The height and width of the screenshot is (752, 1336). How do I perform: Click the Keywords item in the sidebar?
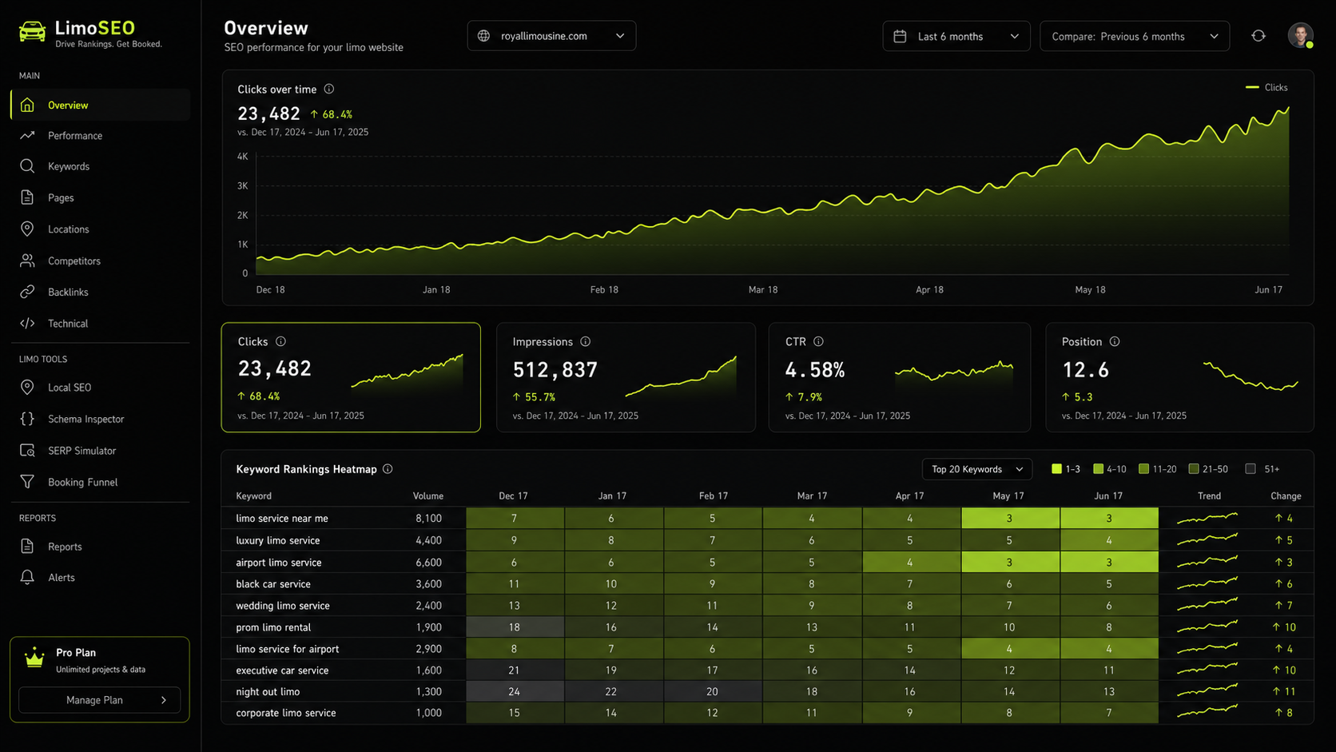click(x=68, y=166)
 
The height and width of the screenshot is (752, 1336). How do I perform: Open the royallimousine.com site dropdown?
click(x=551, y=37)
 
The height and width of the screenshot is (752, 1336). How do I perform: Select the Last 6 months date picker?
click(x=956, y=37)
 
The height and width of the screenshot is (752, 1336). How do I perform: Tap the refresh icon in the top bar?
click(x=1258, y=37)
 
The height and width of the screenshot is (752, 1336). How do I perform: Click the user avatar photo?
click(x=1300, y=36)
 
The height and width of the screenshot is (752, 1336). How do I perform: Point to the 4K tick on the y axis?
click(x=242, y=157)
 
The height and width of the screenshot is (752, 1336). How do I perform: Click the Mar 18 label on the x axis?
click(x=763, y=290)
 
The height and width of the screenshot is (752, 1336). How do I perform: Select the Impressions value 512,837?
click(x=555, y=370)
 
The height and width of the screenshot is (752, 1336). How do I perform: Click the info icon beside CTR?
click(x=818, y=342)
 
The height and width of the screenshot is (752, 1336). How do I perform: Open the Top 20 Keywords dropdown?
click(x=976, y=469)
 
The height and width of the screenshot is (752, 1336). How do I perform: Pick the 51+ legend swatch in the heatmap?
click(x=1251, y=469)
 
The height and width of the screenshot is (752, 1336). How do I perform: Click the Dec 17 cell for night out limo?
click(x=514, y=692)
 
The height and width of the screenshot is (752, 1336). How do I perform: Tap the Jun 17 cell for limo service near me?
click(x=1109, y=518)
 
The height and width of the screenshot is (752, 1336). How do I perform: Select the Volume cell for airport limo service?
click(x=428, y=563)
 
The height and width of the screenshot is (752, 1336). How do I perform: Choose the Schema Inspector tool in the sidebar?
click(x=85, y=420)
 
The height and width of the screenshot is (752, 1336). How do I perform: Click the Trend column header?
click(x=1209, y=496)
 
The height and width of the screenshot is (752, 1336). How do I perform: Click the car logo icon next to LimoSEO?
click(x=32, y=32)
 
